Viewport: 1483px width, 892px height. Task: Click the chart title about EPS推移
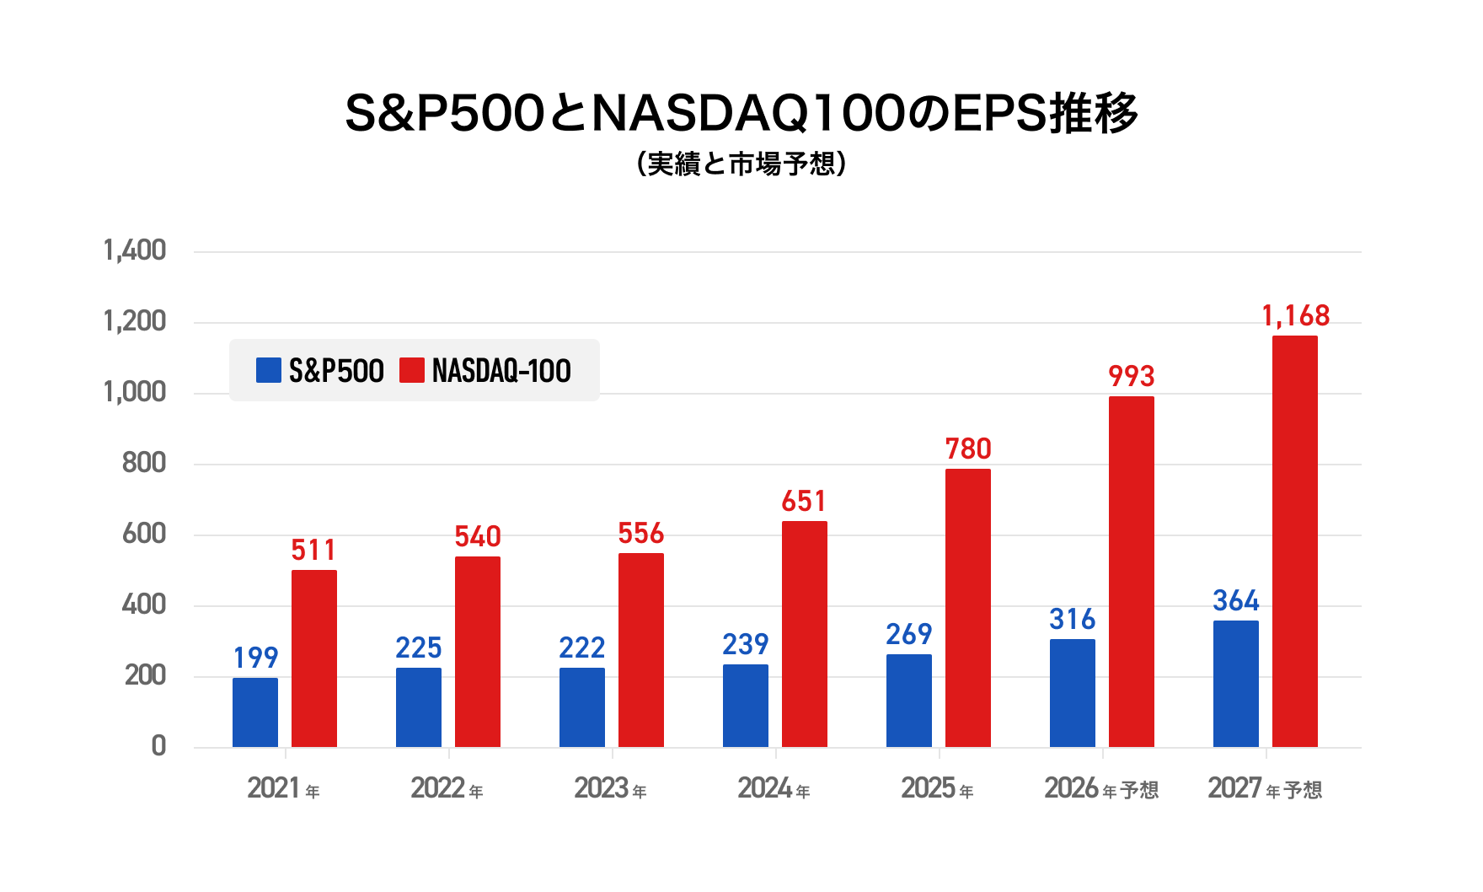coord(741,114)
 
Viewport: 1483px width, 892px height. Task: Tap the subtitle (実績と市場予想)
coord(741,164)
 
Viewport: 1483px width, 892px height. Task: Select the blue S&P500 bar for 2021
coord(255,712)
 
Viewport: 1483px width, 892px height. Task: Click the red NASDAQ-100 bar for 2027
coord(1294,541)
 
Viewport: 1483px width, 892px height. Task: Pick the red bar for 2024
coord(805,634)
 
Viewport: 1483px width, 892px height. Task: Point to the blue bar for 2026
coord(1073,693)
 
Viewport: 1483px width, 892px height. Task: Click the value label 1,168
coord(1295,316)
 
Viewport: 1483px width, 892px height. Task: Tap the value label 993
coord(1132,376)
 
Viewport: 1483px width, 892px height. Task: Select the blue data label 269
coord(908,634)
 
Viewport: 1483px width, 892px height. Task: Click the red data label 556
coord(641,533)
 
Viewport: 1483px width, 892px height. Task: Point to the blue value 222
coord(581,648)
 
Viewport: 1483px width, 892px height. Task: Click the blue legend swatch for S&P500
coord(268,370)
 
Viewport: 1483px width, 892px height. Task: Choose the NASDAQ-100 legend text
coord(501,371)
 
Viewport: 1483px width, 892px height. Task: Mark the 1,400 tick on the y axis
coord(135,250)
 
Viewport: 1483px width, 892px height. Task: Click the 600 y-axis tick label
coord(144,534)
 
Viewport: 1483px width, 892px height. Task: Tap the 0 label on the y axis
coord(158,746)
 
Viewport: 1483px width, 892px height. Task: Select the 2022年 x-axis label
coord(447,789)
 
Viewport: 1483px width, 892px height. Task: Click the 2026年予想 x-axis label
coord(1101,789)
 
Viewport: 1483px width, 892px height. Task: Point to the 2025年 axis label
coord(937,789)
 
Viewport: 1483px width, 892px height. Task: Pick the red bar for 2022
coord(478,652)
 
